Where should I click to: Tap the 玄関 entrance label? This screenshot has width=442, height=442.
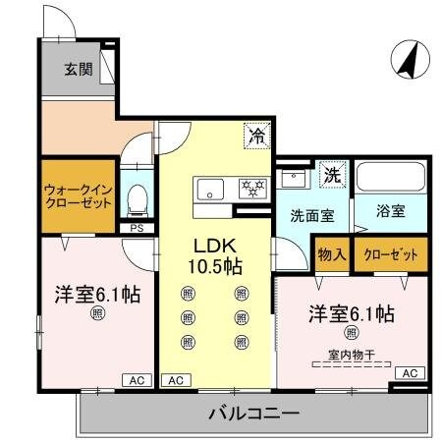pos(79,70)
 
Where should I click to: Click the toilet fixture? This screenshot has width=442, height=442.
pos(138,198)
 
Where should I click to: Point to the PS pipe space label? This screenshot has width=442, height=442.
pos(138,230)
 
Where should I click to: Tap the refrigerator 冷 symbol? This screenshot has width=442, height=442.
pos(255,137)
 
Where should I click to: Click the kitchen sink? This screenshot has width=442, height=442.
pos(211,188)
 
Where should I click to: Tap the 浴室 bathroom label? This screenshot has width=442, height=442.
pos(391,210)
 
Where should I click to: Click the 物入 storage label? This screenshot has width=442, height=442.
pos(332,254)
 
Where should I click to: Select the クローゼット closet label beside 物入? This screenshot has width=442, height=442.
pos(391,254)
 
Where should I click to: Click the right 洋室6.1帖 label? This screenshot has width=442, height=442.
pos(351,314)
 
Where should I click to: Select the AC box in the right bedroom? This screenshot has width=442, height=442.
pos(410,373)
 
